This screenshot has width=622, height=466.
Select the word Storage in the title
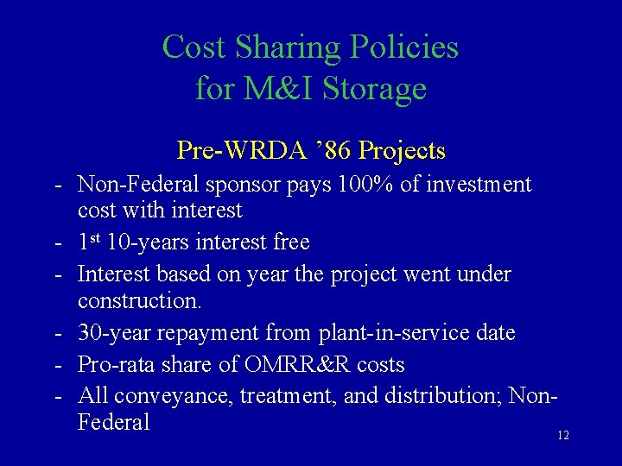coord(376,89)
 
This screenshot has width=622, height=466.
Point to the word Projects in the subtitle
coord(399,150)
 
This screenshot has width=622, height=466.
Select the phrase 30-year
coord(116,331)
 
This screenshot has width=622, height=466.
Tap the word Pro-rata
coord(116,363)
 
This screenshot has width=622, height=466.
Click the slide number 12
coord(563,436)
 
